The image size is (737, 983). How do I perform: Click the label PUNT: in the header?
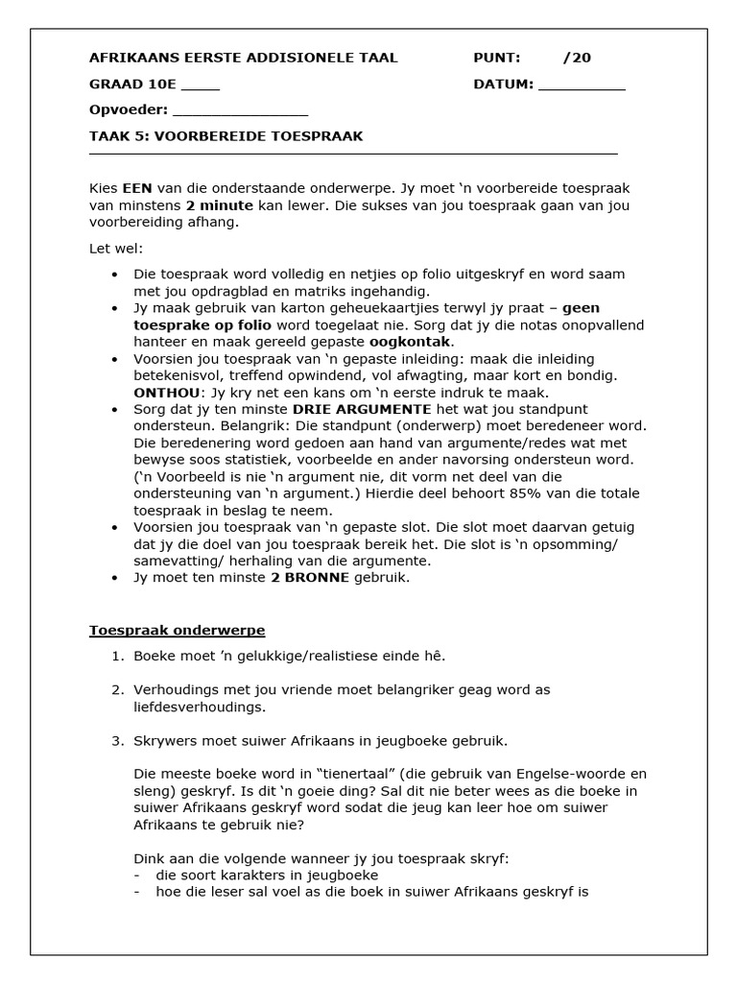point(497,58)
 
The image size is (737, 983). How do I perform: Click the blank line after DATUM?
point(582,85)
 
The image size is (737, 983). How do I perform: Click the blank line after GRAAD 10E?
point(201,85)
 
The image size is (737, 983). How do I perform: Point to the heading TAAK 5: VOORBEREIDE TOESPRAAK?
point(226,136)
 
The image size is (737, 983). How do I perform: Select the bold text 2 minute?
point(220,205)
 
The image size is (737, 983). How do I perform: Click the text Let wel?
point(115,250)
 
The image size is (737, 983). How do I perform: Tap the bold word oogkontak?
point(411,342)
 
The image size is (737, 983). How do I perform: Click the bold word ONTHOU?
point(167,394)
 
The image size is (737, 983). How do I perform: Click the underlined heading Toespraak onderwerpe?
point(177,631)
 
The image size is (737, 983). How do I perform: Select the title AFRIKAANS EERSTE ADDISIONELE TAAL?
point(243,58)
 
